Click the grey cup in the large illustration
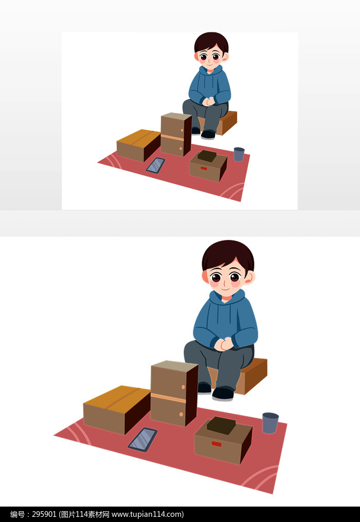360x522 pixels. coord(270,423)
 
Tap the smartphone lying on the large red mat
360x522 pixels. coord(142,439)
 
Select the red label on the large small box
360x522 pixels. coord(216,444)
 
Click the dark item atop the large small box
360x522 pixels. coord(222,425)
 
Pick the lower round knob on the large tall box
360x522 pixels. coord(182,414)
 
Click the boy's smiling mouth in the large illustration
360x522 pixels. coord(226,291)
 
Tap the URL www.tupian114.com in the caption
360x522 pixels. coord(147,514)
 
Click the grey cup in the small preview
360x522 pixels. coord(239,154)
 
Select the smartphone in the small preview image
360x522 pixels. coord(155,165)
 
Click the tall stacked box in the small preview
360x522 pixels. coord(175,134)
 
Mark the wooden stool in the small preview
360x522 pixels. coord(227,123)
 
